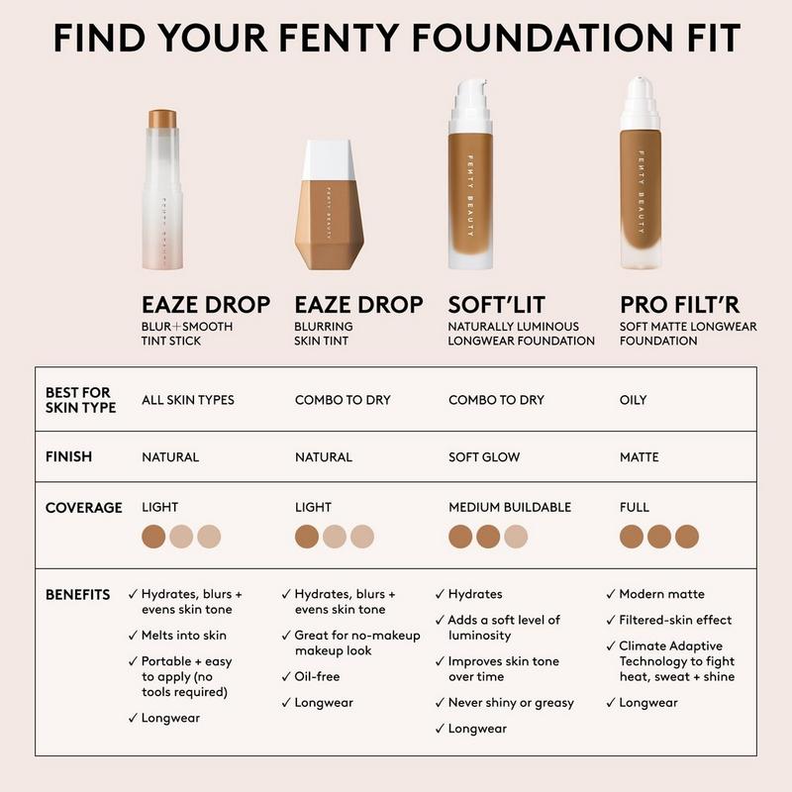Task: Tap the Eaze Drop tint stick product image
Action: coord(163,188)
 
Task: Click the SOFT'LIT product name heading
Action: coord(498,304)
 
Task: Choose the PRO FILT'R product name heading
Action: coord(680,304)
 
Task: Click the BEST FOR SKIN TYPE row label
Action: coord(80,400)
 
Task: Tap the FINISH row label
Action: coord(68,457)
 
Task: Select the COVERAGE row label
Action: coord(83,508)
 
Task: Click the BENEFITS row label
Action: coord(77,595)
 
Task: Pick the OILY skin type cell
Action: coord(633,400)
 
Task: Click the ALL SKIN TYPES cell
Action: coord(187,400)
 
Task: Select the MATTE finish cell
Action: coord(639,457)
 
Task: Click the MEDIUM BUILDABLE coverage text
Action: coord(510,508)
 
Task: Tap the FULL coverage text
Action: coord(635,508)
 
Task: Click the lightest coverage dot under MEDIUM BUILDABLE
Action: coord(516,537)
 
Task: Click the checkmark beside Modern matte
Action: coord(610,594)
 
